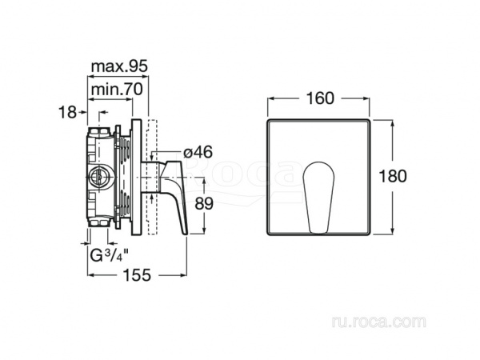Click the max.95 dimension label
(119, 66)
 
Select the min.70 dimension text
(117, 90)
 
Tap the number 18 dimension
(67, 112)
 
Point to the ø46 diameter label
(198, 152)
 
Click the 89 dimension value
(204, 203)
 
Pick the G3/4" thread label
(110, 256)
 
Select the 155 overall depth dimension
(137, 275)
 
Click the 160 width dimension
(320, 98)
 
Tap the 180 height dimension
(393, 176)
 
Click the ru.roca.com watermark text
(378, 322)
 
